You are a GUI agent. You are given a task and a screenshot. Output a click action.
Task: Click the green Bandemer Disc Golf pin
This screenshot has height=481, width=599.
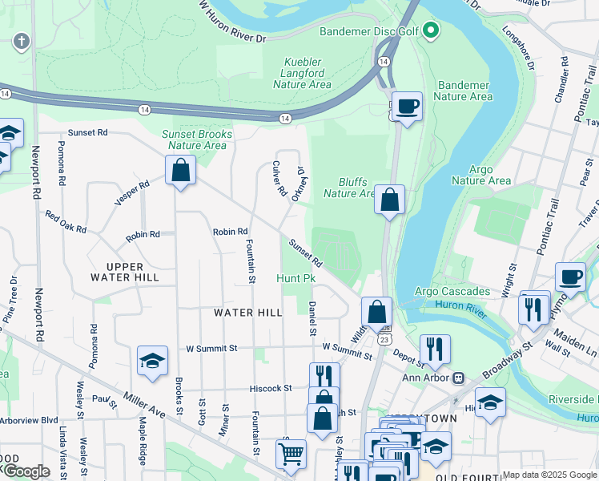click(x=431, y=31)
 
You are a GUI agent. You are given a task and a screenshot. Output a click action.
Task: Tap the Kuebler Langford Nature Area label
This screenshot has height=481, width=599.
click(x=302, y=73)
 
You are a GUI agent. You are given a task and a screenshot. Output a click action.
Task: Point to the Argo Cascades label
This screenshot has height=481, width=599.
click(x=452, y=291)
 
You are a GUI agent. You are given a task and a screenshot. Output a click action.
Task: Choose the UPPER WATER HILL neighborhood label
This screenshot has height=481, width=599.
click(x=124, y=272)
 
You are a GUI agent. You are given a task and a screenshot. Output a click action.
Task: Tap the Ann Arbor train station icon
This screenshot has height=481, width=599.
click(x=458, y=378)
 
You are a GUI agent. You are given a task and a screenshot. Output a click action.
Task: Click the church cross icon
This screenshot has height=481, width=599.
click(x=21, y=40)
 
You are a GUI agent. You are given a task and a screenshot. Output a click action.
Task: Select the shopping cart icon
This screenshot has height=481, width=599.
click(x=291, y=452)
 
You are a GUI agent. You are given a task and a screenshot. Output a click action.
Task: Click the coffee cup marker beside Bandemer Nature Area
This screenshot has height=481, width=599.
click(x=407, y=105)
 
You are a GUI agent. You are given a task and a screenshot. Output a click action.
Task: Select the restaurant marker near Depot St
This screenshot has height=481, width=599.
click(x=435, y=348)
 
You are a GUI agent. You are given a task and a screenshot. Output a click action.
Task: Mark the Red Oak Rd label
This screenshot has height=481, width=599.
click(x=66, y=222)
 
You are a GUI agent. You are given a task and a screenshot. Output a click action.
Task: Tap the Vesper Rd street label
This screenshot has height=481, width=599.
click(x=132, y=193)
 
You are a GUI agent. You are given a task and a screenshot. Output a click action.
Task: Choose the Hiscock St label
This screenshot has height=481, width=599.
click(x=271, y=388)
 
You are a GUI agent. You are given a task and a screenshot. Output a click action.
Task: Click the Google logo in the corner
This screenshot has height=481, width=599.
click(x=26, y=471)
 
